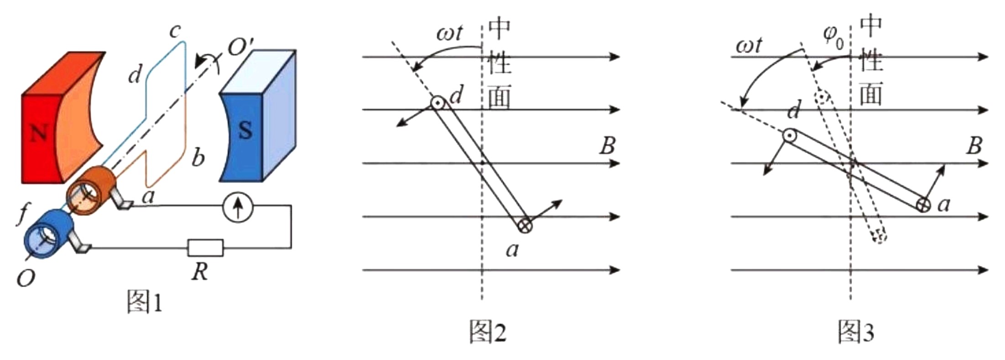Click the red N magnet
[x=43, y=132]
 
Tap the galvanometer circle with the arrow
[x=237, y=209]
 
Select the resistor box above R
[x=206, y=248]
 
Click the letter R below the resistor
[x=199, y=272]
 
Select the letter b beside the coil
[x=198, y=157]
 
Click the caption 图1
[x=144, y=302]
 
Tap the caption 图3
[x=856, y=332]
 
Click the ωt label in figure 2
[x=449, y=33]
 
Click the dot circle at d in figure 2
[x=438, y=103]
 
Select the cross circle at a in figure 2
[x=525, y=225]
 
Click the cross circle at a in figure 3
[x=923, y=205]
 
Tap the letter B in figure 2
[x=607, y=146]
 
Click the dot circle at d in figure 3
[x=790, y=136]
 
